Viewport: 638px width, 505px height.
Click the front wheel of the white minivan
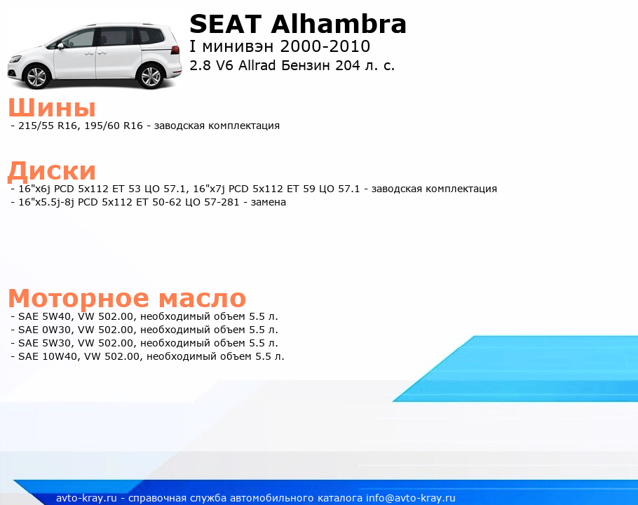[x=37, y=76]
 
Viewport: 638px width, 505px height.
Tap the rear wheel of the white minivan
[x=151, y=76]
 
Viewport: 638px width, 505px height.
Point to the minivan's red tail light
[x=175, y=50]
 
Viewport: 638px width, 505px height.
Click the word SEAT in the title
[x=225, y=24]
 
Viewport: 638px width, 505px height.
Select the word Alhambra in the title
[x=339, y=24]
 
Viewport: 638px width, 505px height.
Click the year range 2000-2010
[x=325, y=46]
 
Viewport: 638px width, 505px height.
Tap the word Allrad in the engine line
[x=257, y=65]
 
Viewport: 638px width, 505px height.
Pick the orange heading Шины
[x=52, y=107]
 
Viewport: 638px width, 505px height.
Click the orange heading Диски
[x=52, y=171]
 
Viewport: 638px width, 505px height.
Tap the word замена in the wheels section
[x=268, y=202]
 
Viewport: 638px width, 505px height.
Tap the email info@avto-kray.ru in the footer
[x=410, y=498]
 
